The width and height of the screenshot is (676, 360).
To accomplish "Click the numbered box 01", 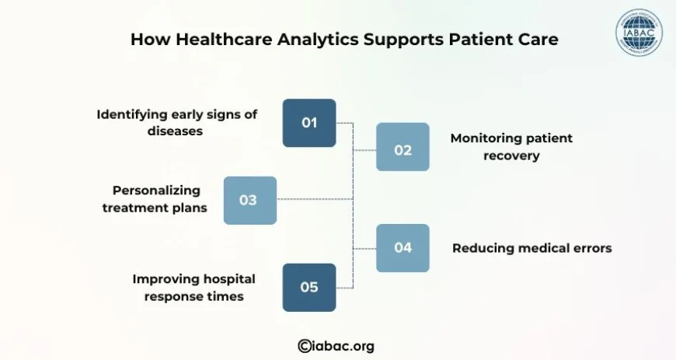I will pos(309,123).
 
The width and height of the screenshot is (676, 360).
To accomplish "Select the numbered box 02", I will pos(402,147).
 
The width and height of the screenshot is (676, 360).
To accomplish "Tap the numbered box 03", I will pos(249,201).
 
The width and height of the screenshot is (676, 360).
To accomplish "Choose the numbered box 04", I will pos(402,248).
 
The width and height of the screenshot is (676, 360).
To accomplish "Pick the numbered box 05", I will pos(309,288).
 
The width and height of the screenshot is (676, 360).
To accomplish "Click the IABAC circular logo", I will pos(639,33).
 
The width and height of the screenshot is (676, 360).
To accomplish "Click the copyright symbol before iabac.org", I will pos(305,346).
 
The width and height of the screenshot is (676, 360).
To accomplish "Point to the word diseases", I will pos(175,131).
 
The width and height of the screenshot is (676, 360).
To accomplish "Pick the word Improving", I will pos(166,279).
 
